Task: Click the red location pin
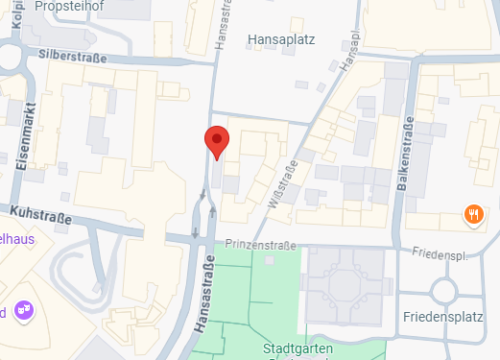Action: coord(218,141)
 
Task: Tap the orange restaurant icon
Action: coord(473,214)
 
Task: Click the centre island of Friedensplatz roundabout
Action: coord(445,290)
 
